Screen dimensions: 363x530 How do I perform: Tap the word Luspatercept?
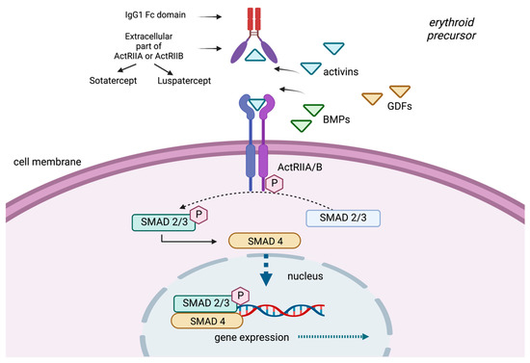186,85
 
